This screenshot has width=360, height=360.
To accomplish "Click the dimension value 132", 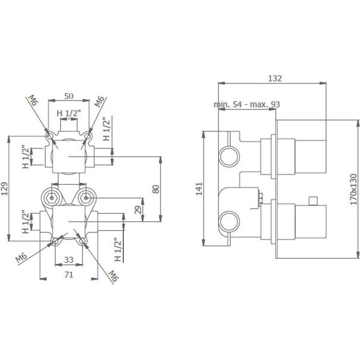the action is pyautogui.click(x=275, y=78).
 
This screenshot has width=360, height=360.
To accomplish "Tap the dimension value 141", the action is pyautogui.click(x=199, y=188).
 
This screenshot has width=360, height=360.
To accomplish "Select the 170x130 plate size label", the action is pyautogui.click(x=353, y=189).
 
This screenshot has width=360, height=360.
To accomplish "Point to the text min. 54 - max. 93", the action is pyautogui.click(x=247, y=104).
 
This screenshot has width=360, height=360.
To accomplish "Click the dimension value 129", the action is pyautogui.click(x=4, y=188).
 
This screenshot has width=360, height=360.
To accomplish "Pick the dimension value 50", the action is pyautogui.click(x=69, y=96).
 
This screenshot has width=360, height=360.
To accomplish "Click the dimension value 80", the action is pyautogui.click(x=156, y=189).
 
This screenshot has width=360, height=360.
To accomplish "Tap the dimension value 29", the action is pyautogui.click(x=138, y=210).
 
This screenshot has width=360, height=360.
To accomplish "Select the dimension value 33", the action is pyautogui.click(x=69, y=259).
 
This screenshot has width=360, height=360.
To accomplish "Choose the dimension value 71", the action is pyautogui.click(x=69, y=274).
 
